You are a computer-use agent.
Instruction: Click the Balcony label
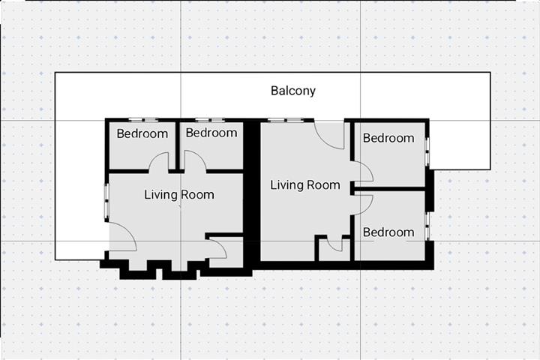[292, 91]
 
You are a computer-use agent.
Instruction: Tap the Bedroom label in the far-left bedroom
[142, 134]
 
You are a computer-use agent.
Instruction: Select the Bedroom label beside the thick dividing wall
[211, 133]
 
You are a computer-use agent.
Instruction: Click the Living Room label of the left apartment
[179, 195]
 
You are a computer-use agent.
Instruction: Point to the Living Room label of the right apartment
[304, 185]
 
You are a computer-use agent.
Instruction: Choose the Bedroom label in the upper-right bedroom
[388, 138]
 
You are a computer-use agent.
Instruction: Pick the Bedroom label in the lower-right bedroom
[388, 232]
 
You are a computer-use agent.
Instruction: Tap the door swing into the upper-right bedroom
[364, 174]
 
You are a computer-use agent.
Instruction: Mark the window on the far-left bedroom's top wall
[142, 120]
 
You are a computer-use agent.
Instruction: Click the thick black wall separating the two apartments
[253, 195]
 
